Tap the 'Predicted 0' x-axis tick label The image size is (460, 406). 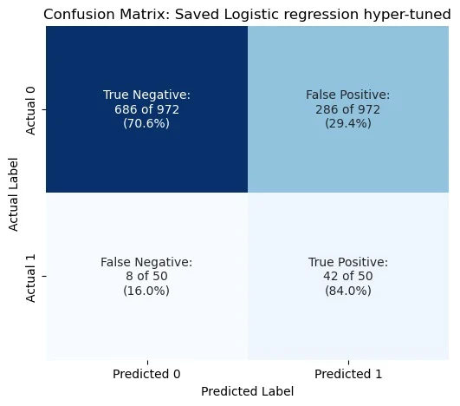click(x=146, y=374)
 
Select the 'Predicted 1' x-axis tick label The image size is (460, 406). click(x=347, y=374)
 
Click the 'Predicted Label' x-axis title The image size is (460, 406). click(x=247, y=391)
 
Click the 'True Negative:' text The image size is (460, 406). click(x=146, y=95)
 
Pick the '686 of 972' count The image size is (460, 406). click(x=146, y=109)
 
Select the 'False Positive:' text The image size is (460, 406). click(x=347, y=95)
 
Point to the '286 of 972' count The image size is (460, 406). click(x=347, y=109)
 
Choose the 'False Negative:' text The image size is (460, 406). click(x=146, y=262)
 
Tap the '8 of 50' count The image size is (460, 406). click(x=146, y=276)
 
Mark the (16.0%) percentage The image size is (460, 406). click(x=146, y=291)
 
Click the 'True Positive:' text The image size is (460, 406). click(x=347, y=262)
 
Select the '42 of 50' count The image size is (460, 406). click(x=347, y=276)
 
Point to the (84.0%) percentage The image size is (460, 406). click(x=347, y=291)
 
